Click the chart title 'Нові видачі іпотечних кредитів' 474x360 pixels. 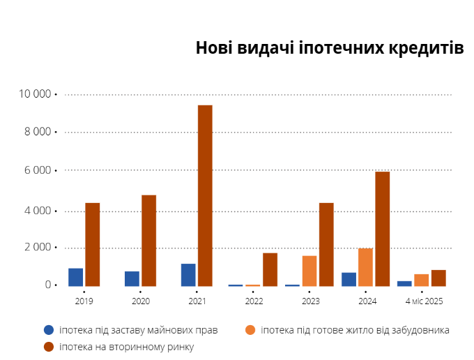329,48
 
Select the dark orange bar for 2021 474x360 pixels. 205,195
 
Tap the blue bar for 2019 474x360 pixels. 75,277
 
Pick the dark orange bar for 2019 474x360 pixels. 93,244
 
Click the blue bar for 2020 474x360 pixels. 132,278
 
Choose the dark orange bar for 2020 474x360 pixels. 149,240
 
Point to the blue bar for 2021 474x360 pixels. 188,275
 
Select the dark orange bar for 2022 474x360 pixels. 270,269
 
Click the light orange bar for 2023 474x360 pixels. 309,271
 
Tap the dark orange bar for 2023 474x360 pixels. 326,244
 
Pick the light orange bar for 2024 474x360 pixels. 365,267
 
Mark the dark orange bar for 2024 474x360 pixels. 383,229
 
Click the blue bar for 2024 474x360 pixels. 349,279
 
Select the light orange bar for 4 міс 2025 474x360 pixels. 422,280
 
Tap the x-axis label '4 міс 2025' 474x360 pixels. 424,301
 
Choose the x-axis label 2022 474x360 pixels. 254,301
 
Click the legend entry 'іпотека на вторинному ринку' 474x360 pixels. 126,346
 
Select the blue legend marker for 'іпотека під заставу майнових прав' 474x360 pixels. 49,330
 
